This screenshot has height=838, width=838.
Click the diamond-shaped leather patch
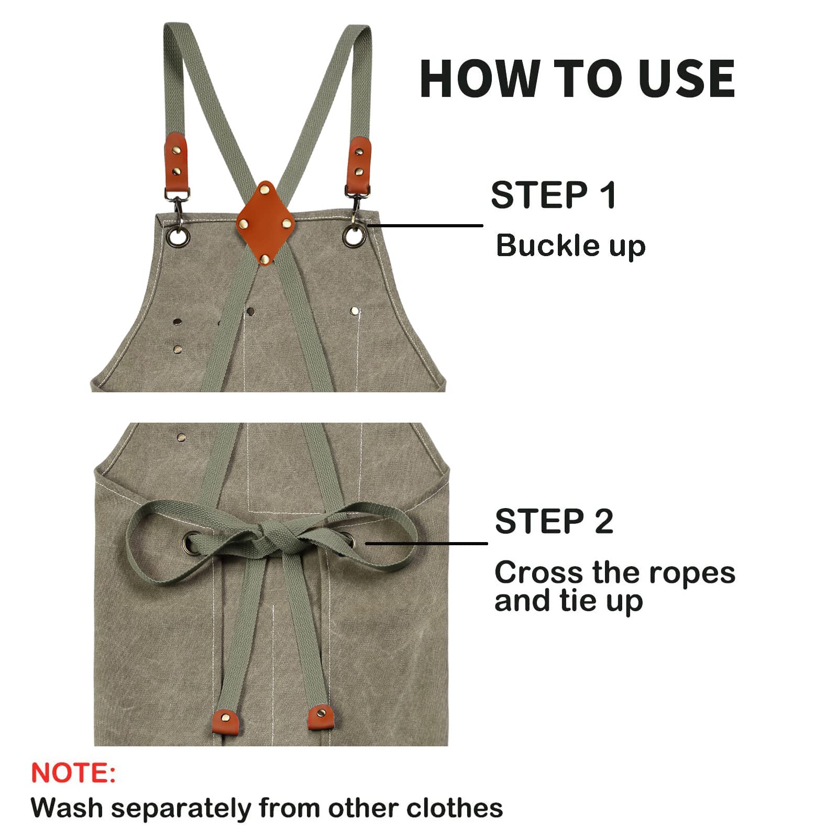pos(266,223)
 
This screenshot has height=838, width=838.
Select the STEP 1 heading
pos(553,195)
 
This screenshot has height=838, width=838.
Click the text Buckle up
pos(570,246)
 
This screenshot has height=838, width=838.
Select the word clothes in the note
pos(455,808)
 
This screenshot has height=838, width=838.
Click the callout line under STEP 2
pos(426,543)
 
